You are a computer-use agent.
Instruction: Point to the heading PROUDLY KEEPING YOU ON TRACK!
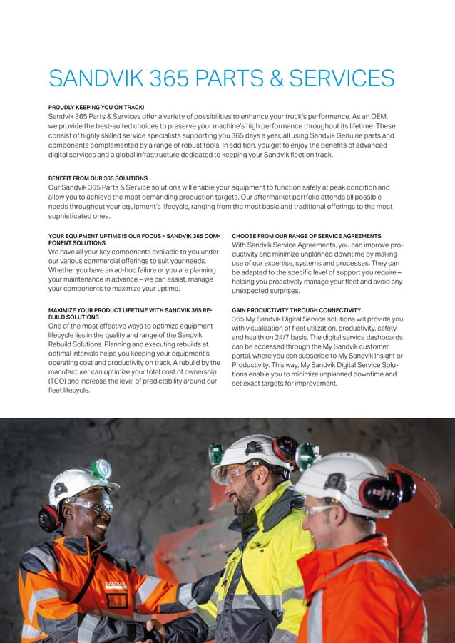[x=96, y=106]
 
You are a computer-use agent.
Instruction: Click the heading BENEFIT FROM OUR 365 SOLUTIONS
[x=98, y=178]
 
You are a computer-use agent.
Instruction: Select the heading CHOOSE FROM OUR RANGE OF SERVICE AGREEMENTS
[x=306, y=236]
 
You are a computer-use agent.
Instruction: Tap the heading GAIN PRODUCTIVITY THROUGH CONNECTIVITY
[x=296, y=310]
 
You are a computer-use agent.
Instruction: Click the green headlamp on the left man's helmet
[x=101, y=468]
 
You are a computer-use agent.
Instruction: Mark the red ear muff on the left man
[x=49, y=517]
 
